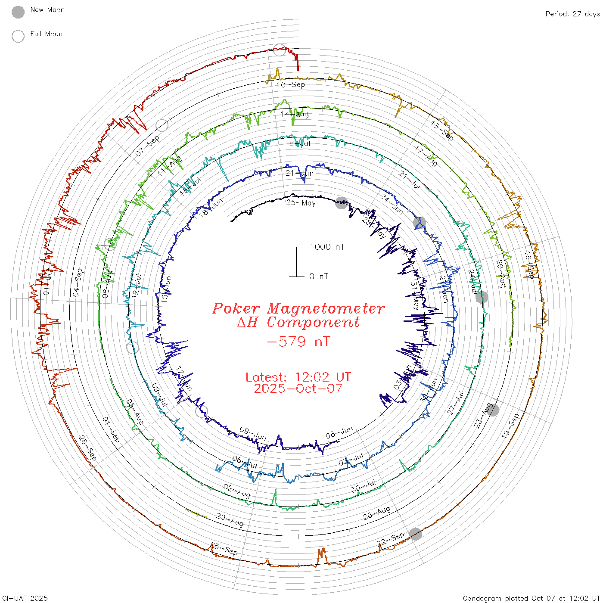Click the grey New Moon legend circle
pos(18,12)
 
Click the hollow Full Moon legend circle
pos(18,36)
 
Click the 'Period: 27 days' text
pos(572,14)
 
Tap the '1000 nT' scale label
pos(327,247)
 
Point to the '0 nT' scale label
pos(319,277)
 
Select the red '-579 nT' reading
pos(298,342)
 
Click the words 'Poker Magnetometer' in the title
pos(298,308)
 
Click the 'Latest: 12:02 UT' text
pos(298,377)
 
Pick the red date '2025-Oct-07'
pos(298,389)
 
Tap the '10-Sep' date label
pos(291,84)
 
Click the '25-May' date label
pos(301,202)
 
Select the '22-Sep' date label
pos(391,539)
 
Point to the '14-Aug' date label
pos(295,114)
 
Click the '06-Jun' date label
pos(339,432)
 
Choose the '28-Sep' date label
pos(87,448)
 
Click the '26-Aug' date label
pos(377,513)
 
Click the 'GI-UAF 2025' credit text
pos(25,598)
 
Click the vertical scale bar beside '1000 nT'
pos(296,261)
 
